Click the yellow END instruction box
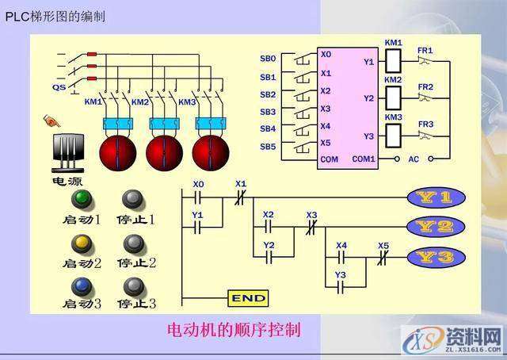248,298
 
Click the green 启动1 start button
81,199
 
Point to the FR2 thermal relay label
426,86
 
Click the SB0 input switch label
268,59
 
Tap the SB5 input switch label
268,147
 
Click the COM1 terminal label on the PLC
364,159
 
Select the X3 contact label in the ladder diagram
311,215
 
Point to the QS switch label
59,87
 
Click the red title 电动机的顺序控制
234,328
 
